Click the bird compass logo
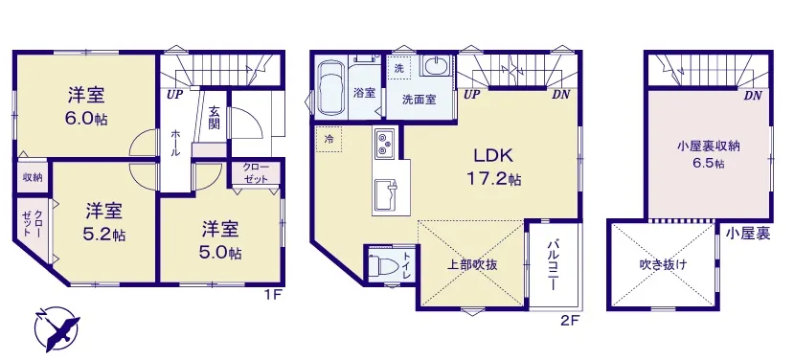pos(57,328)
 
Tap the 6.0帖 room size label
pos(86,119)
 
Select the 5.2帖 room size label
pos(104,235)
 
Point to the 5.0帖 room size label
pos(221,252)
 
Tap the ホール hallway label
pos(175,143)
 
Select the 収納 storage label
pos(33,177)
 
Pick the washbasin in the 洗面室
pos(435,66)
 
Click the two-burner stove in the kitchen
pos(385,142)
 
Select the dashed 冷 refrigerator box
pos(329,138)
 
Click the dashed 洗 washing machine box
pos(400,68)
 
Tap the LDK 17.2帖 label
pos(493,167)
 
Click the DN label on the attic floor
pos(754,96)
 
